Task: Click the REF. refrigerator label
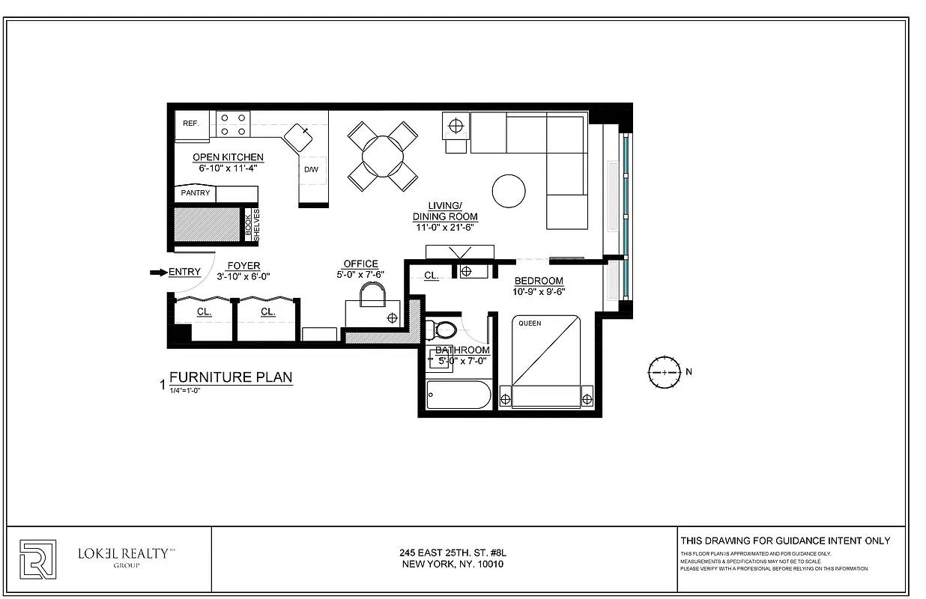tap(190, 123)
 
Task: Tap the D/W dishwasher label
tap(311, 170)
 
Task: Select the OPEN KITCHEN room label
tap(228, 157)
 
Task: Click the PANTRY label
tap(195, 193)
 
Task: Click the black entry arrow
tap(158, 273)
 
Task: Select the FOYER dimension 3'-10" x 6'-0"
tap(243, 276)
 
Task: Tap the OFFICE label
tap(360, 264)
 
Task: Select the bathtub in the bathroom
tap(457, 395)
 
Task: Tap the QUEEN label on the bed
tap(530, 323)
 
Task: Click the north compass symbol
tap(664, 372)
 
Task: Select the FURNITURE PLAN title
tap(231, 377)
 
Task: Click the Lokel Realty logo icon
tap(37, 559)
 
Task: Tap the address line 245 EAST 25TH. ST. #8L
tap(447, 553)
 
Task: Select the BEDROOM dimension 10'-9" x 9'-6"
tap(538, 292)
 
